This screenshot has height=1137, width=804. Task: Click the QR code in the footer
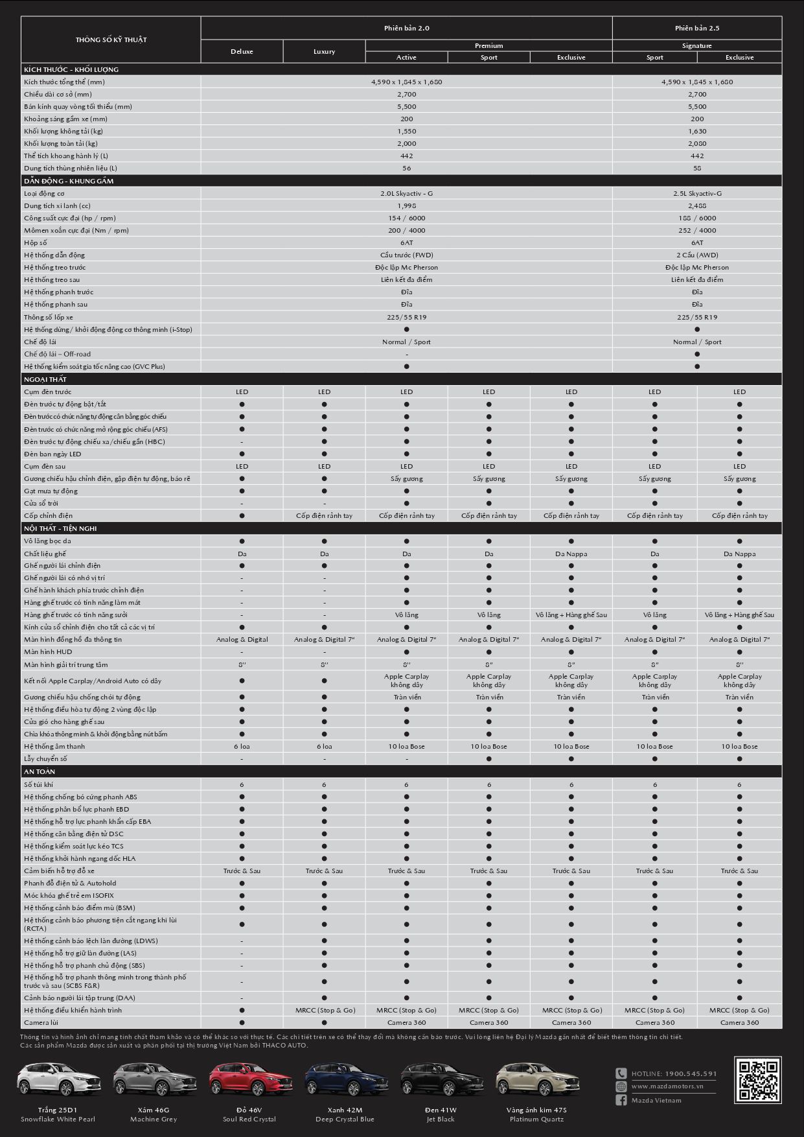click(x=757, y=1079)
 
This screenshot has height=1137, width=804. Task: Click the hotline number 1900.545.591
click(x=691, y=1073)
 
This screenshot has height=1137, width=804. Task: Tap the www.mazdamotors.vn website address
click(x=667, y=1086)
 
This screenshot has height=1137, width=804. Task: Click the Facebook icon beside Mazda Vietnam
click(x=621, y=1100)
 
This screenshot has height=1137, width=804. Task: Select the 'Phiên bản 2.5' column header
click(x=696, y=28)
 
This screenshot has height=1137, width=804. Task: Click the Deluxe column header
click(x=242, y=51)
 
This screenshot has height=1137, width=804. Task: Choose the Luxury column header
click(x=324, y=51)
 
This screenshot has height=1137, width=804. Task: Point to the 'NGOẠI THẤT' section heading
click(x=45, y=379)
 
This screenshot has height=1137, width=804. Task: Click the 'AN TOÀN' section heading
click(x=40, y=771)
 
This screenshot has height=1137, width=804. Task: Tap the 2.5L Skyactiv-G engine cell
click(x=696, y=193)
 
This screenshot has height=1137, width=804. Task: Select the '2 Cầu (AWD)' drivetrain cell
click(x=696, y=255)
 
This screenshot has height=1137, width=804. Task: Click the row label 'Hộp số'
click(x=36, y=242)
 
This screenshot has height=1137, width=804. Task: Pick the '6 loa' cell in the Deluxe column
click(x=242, y=746)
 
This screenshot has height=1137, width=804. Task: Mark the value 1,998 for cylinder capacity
click(x=406, y=205)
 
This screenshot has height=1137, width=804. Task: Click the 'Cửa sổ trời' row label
click(x=41, y=503)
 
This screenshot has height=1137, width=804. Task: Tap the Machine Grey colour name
click(x=154, y=1119)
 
